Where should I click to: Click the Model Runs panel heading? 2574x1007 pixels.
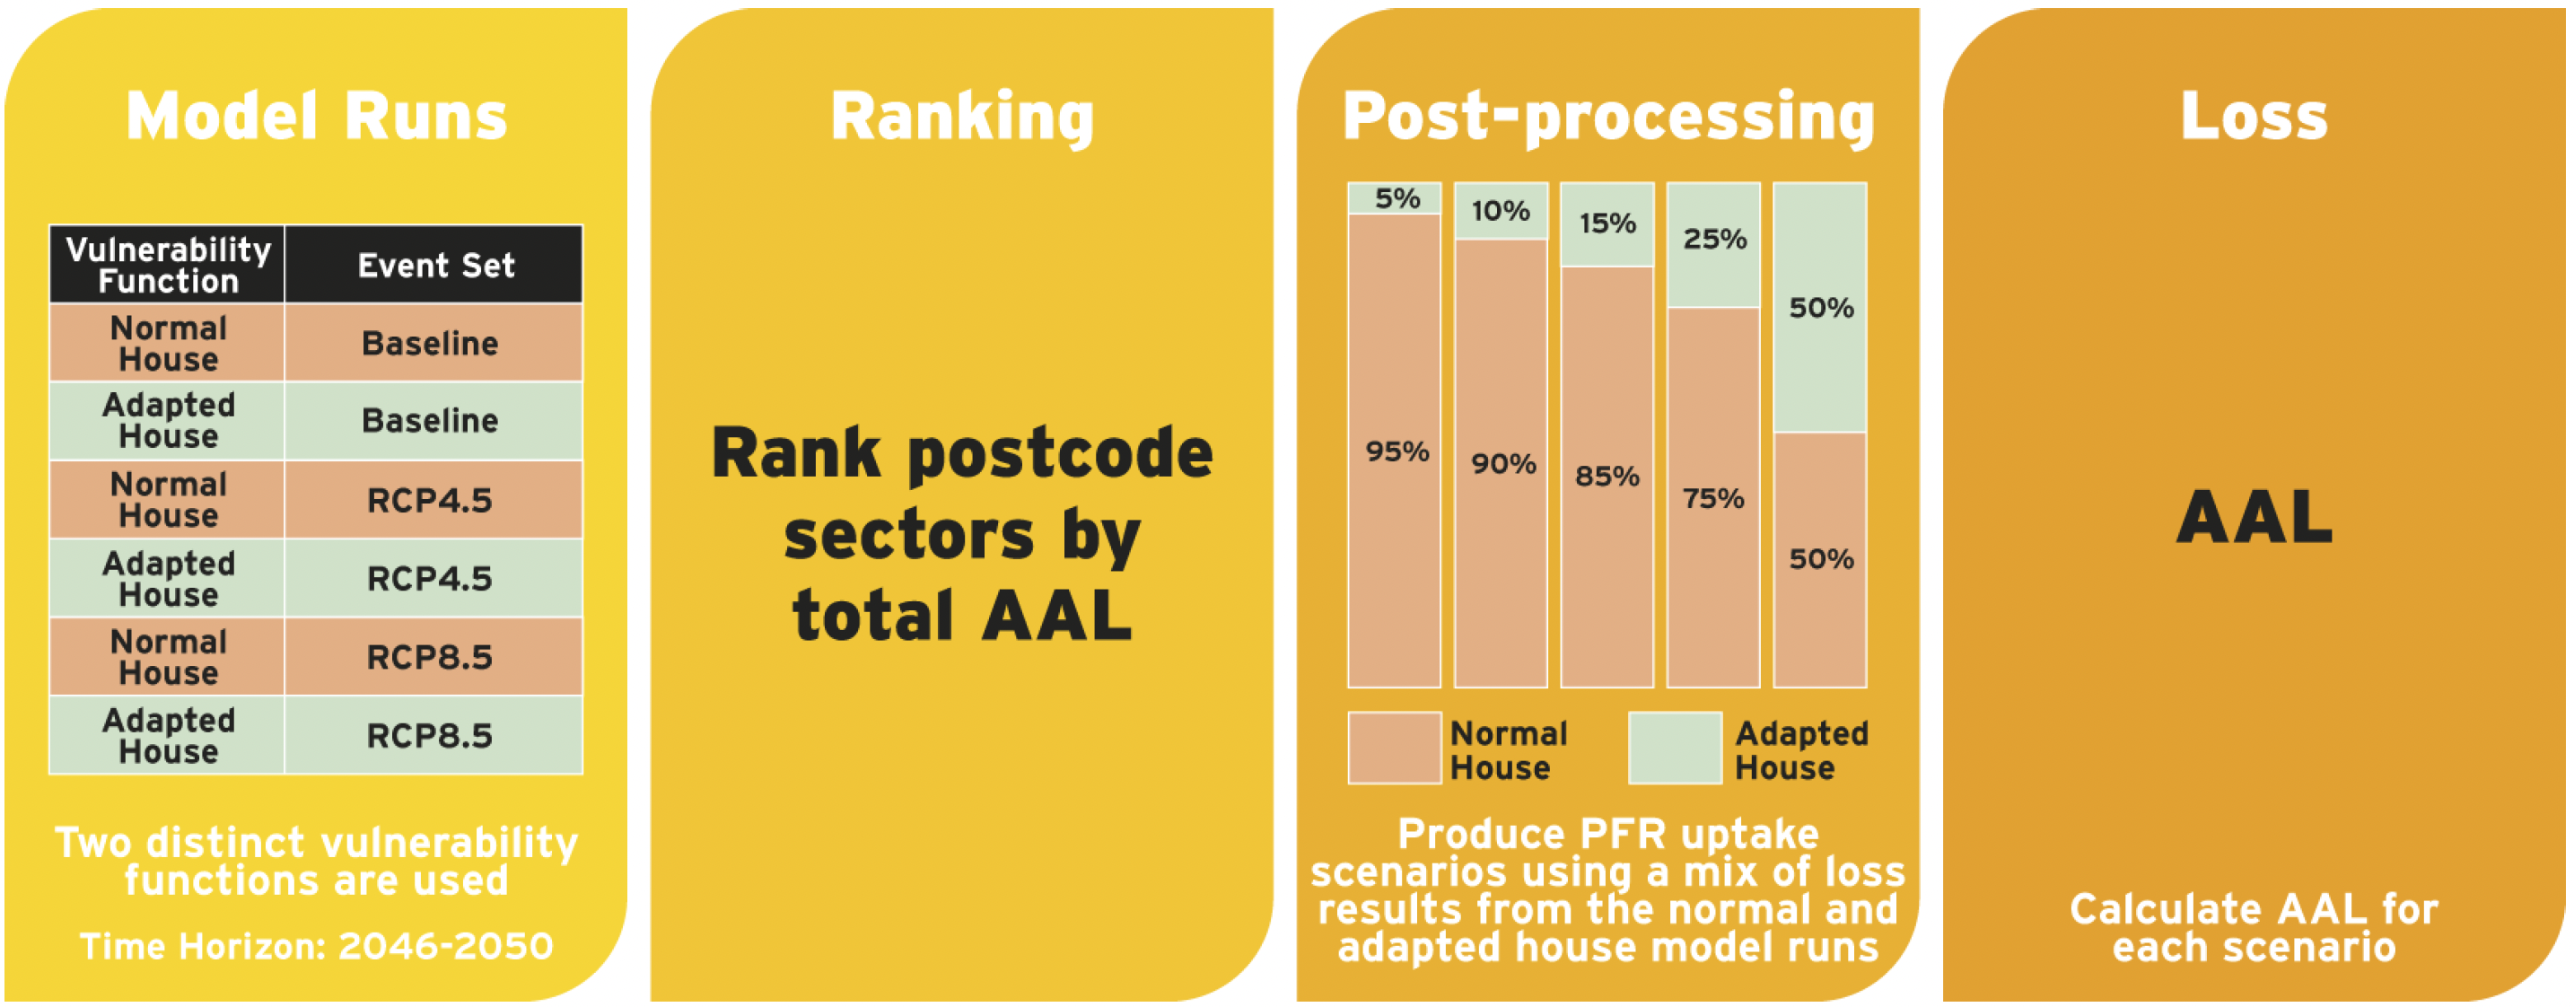317,116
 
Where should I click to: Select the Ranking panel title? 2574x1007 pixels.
962,118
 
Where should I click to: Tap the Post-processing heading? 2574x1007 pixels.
1608,118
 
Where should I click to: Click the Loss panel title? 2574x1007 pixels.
2254,116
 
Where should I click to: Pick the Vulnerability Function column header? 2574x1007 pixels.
168,265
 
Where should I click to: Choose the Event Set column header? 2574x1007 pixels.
435,265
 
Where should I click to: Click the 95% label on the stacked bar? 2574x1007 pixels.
1396,451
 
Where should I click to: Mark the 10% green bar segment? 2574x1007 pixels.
1501,211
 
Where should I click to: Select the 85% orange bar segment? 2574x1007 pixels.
1607,477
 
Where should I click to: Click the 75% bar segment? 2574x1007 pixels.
1713,497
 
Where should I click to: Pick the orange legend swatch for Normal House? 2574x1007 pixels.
1395,749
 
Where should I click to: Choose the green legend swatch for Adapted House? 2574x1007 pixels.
1676,749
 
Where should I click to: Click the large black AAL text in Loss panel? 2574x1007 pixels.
2254,518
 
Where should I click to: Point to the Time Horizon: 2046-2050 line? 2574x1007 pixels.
317,945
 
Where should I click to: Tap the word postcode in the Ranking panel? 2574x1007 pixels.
1060,454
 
